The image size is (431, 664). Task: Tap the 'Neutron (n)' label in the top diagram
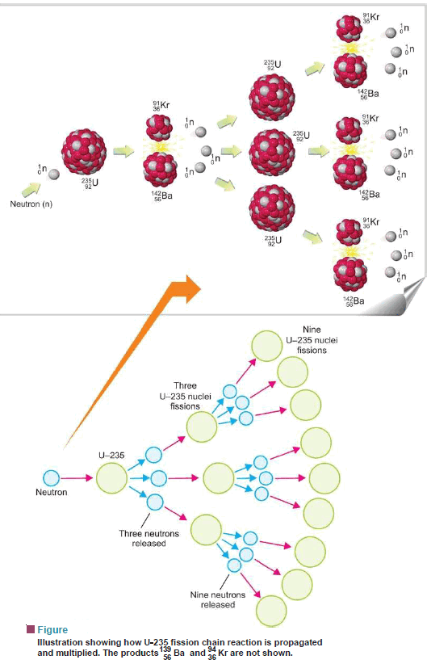tap(31, 204)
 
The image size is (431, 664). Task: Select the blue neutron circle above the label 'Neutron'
tap(52, 478)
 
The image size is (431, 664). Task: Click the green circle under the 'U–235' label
tap(111, 478)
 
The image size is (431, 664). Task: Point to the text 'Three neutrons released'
tap(149, 538)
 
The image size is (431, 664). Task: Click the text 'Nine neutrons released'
tap(218, 599)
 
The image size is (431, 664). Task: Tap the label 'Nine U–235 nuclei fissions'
tap(312, 339)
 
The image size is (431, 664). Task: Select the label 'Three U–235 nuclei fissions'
tap(185, 396)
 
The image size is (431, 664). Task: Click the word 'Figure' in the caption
tap(52, 630)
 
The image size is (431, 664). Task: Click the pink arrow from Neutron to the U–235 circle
tap(77, 478)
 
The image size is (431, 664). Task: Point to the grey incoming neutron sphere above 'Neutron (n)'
tap(54, 174)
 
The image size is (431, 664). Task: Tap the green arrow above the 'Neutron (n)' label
tap(31, 189)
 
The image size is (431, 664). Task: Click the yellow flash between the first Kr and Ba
tap(161, 146)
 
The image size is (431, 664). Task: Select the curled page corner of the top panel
tap(412, 296)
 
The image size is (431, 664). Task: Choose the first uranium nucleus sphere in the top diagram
tap(84, 152)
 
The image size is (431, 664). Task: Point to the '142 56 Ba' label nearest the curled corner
tap(354, 301)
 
